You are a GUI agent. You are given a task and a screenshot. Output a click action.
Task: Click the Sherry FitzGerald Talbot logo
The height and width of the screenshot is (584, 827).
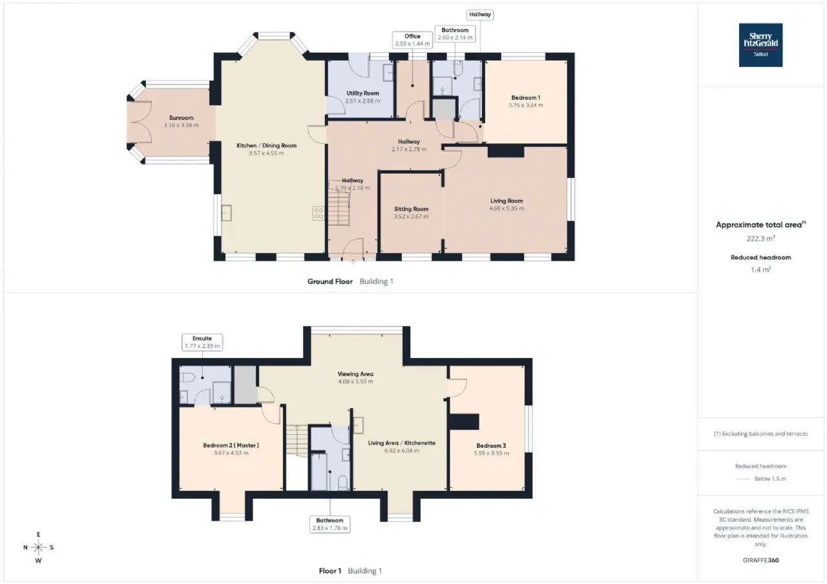[x=760, y=45]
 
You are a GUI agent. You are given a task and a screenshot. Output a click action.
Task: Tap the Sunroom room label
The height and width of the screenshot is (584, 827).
[x=182, y=118]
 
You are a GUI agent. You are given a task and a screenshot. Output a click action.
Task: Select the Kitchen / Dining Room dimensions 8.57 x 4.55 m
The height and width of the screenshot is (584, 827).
[x=266, y=153]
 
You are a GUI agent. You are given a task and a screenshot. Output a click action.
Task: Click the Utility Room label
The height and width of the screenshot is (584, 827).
[x=362, y=94]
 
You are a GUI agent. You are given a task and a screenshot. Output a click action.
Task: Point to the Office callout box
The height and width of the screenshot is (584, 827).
[x=412, y=40]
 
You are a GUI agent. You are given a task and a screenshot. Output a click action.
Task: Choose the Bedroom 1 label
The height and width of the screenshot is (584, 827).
[x=526, y=97]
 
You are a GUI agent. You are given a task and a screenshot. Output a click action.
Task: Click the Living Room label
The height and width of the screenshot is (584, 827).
[x=507, y=201]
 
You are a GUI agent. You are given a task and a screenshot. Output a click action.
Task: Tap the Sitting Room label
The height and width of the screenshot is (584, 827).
[x=411, y=209]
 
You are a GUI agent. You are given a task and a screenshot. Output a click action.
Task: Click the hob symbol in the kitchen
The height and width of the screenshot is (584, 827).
[x=319, y=213]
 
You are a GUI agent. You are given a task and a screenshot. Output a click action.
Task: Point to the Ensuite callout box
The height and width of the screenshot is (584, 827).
[x=202, y=342]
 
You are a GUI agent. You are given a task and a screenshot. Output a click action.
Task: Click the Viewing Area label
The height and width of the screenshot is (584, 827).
[x=355, y=374]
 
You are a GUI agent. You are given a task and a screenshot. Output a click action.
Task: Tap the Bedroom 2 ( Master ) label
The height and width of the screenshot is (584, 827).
[x=231, y=445]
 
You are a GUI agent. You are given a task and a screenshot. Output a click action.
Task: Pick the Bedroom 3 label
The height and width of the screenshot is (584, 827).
[x=491, y=446]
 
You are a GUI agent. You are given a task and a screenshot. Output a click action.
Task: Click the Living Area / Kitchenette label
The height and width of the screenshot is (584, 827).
[x=402, y=443]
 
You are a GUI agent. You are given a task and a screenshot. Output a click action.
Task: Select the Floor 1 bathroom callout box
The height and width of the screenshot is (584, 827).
[x=330, y=524]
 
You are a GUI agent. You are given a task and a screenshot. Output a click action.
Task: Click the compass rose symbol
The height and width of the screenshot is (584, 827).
[x=38, y=547]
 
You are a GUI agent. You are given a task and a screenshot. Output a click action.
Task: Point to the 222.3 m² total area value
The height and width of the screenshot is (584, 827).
[x=760, y=239]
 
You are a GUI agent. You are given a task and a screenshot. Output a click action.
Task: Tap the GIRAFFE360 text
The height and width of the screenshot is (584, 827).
[x=760, y=560]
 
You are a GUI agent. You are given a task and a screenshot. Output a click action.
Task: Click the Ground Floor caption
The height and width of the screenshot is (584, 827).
[x=330, y=282]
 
